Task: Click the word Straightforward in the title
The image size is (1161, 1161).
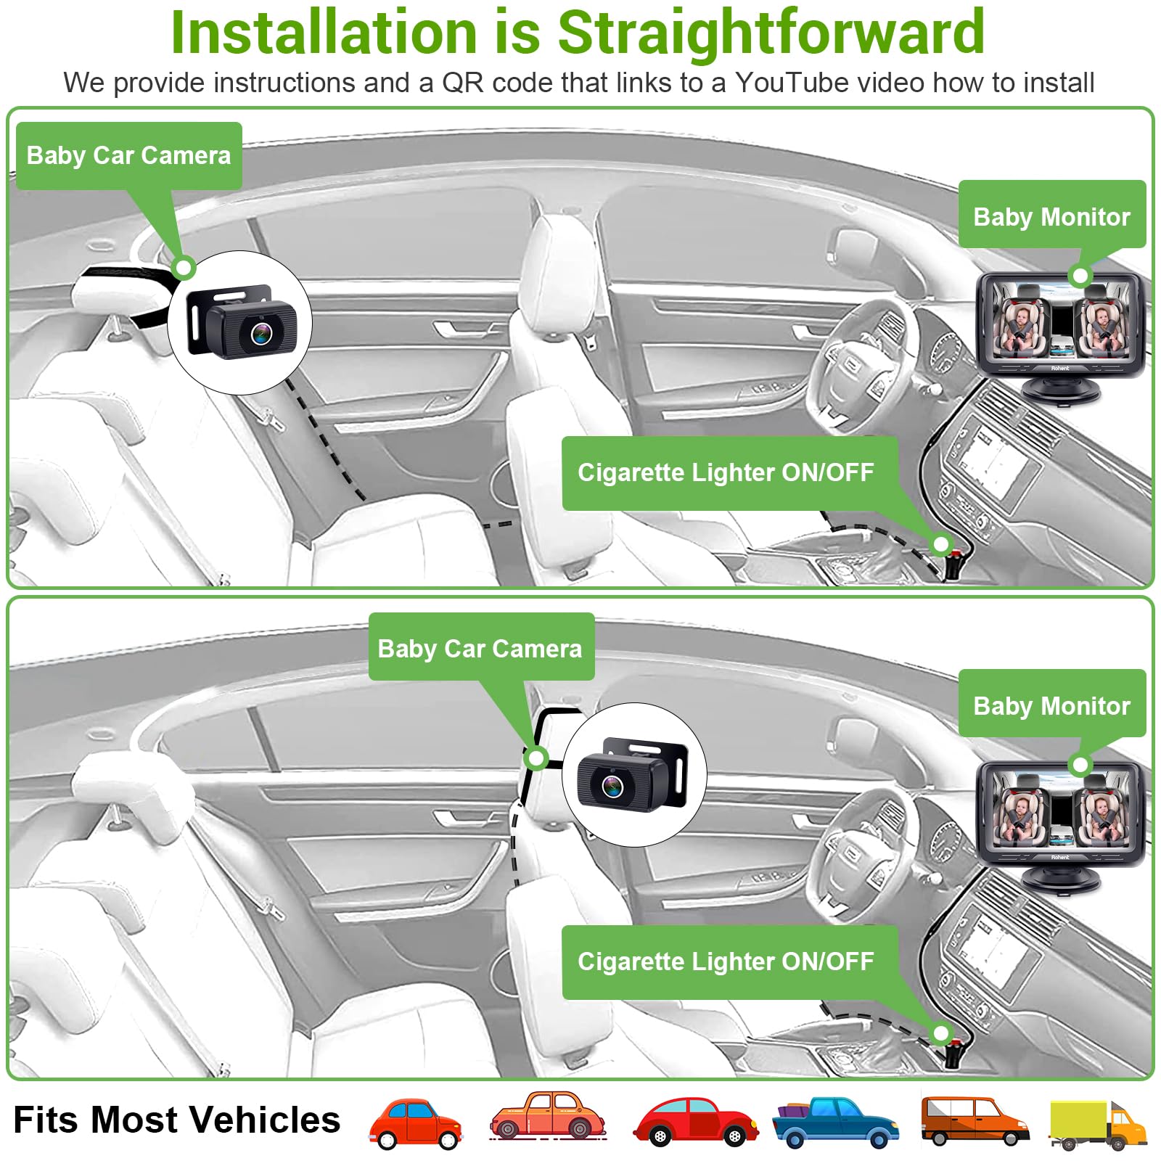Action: (x=771, y=33)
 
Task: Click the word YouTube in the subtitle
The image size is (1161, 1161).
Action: (x=792, y=83)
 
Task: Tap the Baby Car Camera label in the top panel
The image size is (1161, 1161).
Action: (x=128, y=156)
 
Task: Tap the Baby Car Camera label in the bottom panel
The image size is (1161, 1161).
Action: (x=480, y=647)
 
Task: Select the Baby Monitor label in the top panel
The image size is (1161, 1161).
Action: (x=1051, y=216)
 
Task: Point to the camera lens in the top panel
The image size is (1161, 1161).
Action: (x=261, y=334)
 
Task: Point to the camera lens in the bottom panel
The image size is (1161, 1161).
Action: (x=612, y=786)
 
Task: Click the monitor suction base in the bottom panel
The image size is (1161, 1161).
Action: (x=1060, y=879)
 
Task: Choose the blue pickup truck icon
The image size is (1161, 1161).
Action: (x=835, y=1123)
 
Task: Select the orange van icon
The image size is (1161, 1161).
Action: (x=975, y=1121)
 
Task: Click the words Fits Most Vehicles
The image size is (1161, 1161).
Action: (x=177, y=1120)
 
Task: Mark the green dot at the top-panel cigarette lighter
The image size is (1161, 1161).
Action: (x=941, y=543)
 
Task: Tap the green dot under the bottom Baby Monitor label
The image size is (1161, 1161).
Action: (x=1080, y=765)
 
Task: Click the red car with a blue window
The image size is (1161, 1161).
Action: (x=415, y=1123)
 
